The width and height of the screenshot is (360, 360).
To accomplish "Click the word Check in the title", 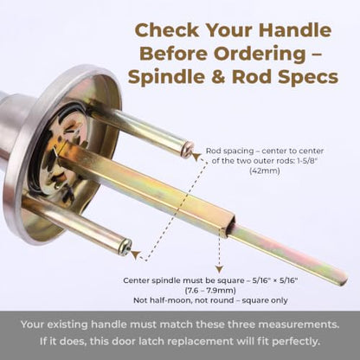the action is (x=167, y=30).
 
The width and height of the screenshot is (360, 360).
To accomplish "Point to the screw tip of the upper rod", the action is (x=187, y=150).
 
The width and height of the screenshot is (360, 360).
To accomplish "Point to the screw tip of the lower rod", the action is (x=126, y=247).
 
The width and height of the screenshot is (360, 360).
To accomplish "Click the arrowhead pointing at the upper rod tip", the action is (x=196, y=157).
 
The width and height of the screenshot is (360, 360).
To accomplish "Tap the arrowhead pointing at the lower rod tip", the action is (x=136, y=254).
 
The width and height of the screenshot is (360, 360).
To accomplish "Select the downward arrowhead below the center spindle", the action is (x=220, y=269).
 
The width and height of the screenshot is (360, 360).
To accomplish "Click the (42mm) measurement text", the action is (x=265, y=170).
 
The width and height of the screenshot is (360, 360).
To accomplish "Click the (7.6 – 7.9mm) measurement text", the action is (x=210, y=290).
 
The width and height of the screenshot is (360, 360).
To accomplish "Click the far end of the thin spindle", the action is (x=344, y=279).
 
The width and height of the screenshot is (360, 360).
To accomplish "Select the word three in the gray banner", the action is (x=241, y=325).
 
